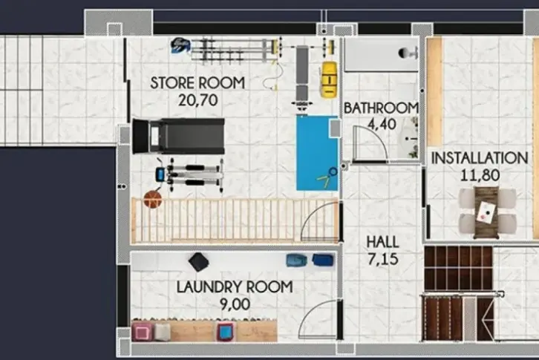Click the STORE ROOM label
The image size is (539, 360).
197,83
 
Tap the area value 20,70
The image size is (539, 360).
198,100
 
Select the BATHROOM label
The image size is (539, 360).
381,108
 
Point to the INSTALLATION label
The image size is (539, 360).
480,158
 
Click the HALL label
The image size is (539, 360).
382,242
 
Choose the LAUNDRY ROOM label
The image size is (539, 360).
235,287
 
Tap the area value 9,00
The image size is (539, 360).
235,304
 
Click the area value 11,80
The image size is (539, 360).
480,175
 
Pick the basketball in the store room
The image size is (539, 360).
153,200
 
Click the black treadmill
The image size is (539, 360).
178,136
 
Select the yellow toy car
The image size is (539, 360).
329,79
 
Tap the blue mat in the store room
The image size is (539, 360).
318,153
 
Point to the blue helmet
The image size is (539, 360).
180,46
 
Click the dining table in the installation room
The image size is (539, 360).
486,212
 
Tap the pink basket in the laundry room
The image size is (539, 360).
142,332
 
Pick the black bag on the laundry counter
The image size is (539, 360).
198,262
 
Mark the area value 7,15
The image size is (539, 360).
383,259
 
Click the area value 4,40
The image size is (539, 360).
382,124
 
